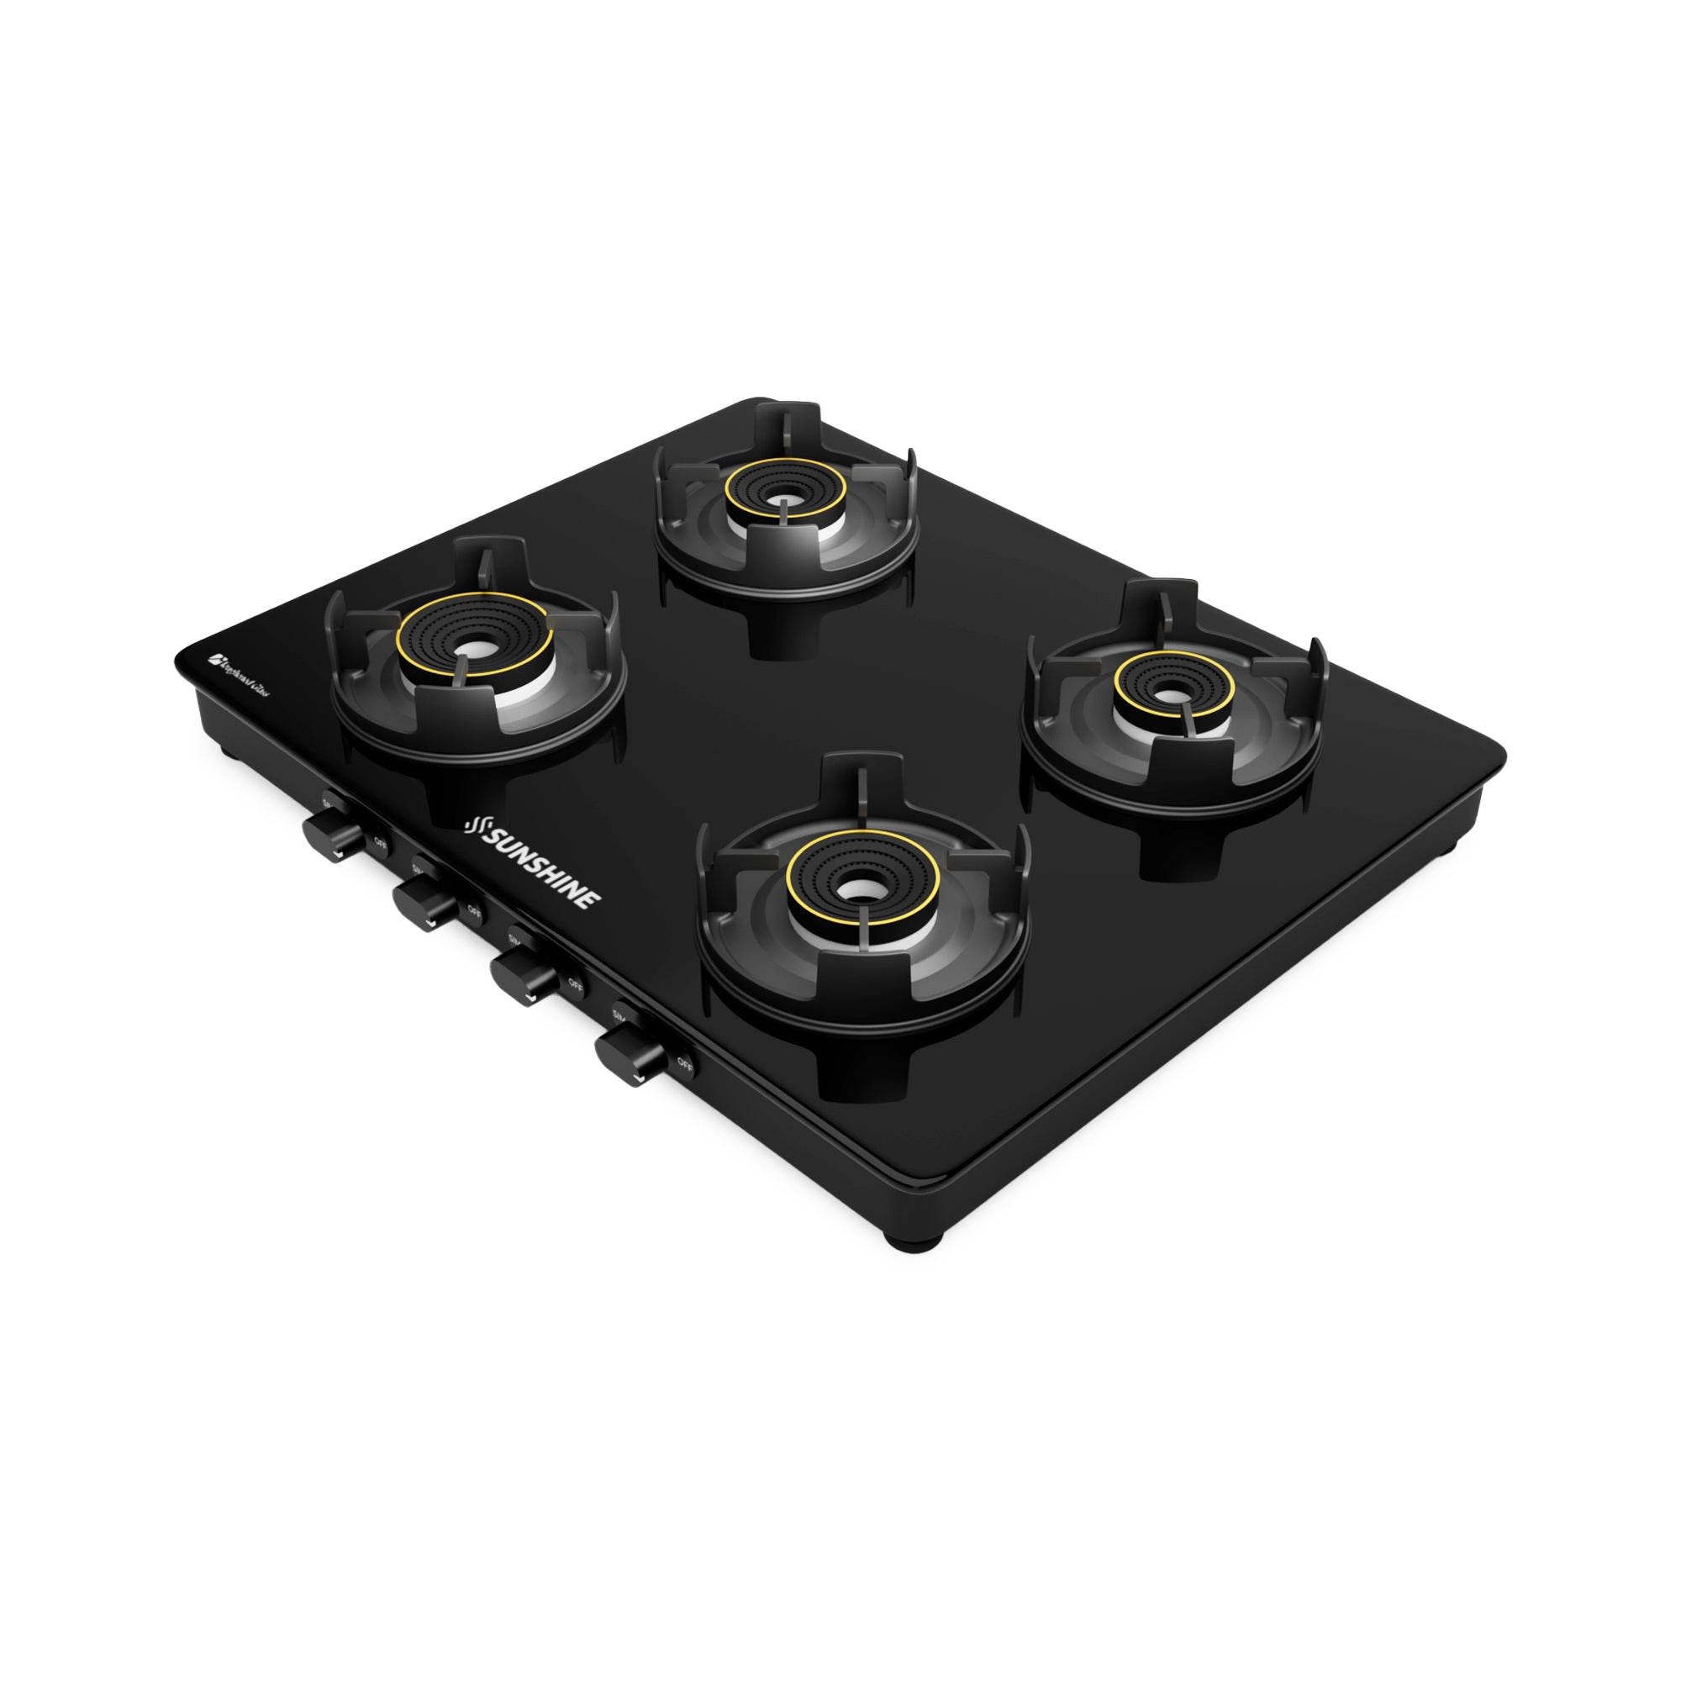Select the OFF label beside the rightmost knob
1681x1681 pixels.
685,1062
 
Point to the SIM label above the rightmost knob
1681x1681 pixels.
620,1014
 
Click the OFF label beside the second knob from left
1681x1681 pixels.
474,911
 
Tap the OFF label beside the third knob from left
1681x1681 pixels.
575,983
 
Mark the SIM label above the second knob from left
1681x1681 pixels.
418,867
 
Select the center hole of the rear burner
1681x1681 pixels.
786,501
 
